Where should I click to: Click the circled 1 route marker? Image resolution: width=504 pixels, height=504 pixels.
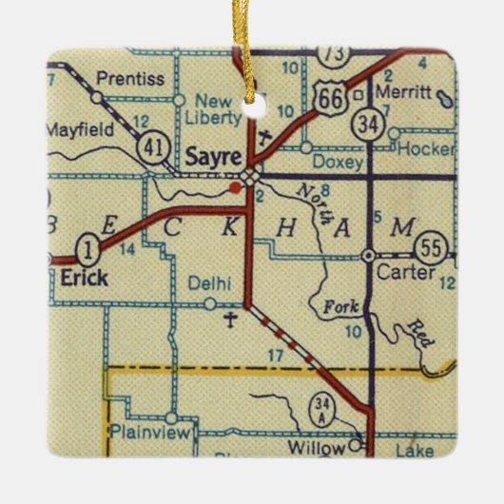tap(87, 252)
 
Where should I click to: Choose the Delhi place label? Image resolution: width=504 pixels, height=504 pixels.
tap(209, 282)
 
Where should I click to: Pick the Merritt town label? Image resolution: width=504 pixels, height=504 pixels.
tap(402, 92)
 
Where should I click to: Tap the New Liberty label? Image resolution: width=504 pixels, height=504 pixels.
tap(217, 109)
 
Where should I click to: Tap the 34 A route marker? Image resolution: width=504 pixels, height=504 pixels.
tap(321, 411)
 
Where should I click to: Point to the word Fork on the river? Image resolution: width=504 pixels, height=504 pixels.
tap(327, 308)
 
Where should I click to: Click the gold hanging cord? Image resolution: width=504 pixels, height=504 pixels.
tap(252, 38)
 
